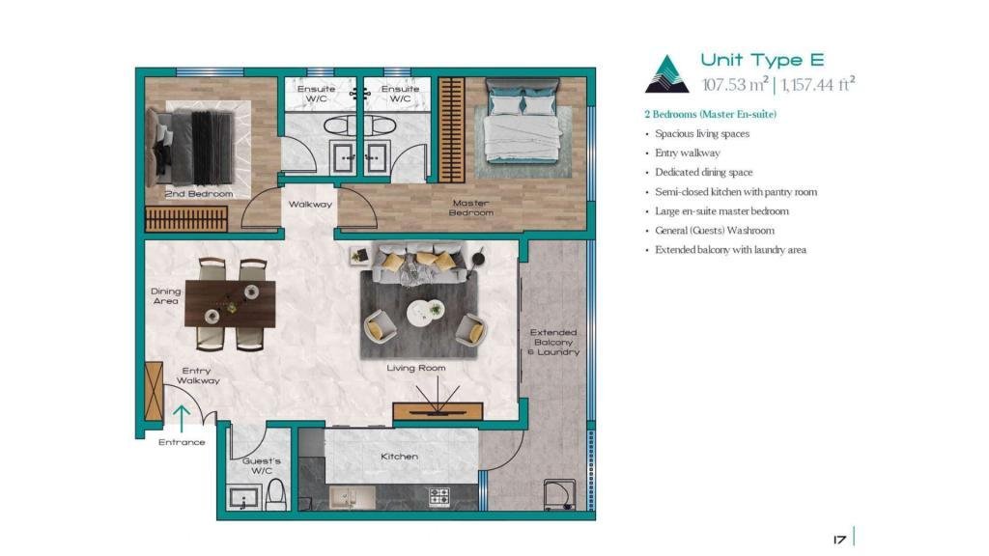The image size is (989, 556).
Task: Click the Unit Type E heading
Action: pyautogui.click(x=762, y=60)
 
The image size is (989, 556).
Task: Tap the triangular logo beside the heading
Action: pyautogui.click(x=666, y=74)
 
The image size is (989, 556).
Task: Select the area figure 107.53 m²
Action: pyautogui.click(x=735, y=84)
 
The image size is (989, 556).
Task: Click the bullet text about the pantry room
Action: pyautogui.click(x=735, y=192)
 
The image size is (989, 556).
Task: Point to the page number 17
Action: pyautogui.click(x=839, y=540)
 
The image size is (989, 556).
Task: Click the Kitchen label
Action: pyautogui.click(x=399, y=457)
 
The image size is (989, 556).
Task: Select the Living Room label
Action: pyautogui.click(x=416, y=368)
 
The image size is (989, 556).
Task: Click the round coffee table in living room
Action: pyautogui.click(x=425, y=313)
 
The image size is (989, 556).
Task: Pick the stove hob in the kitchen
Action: pyautogui.click(x=439, y=497)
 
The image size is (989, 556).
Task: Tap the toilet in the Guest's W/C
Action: pyautogui.click(x=276, y=495)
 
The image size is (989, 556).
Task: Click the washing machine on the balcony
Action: pyautogui.click(x=559, y=495)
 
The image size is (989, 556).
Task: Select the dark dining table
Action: pyautogui.click(x=230, y=304)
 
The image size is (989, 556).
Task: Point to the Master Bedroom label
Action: pyautogui.click(x=471, y=208)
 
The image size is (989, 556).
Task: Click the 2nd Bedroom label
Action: pyautogui.click(x=199, y=194)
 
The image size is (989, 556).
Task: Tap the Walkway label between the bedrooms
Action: pyautogui.click(x=310, y=205)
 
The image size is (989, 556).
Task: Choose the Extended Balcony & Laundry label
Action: pyautogui.click(x=553, y=342)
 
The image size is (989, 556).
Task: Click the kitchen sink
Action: pyautogui.click(x=352, y=497)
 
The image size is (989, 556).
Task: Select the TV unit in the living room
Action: pyautogui.click(x=438, y=411)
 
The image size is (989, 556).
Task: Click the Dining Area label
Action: pyautogui.click(x=166, y=296)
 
